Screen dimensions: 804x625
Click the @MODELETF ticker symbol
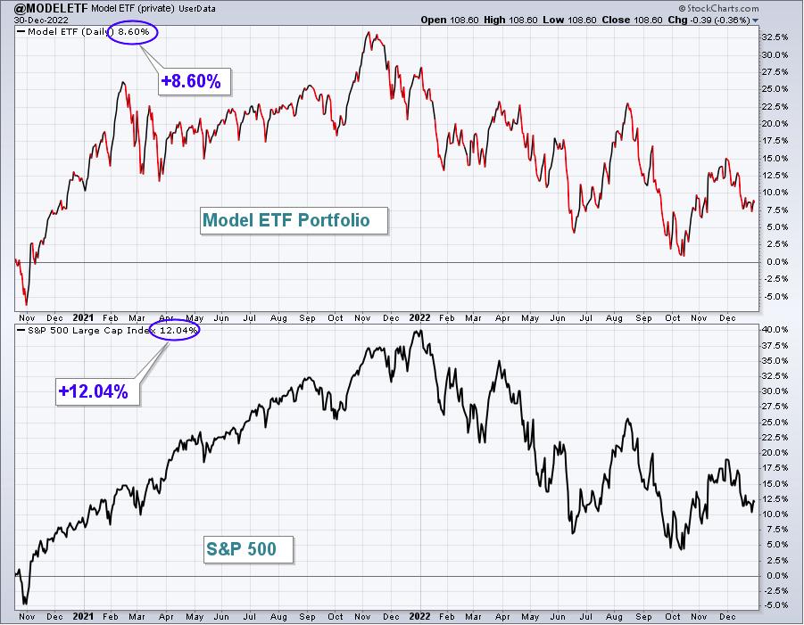click(x=51, y=8)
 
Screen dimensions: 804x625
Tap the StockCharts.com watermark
click(x=718, y=8)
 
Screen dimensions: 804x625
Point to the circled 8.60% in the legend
click(x=133, y=32)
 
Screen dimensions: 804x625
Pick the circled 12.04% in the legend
click(x=175, y=331)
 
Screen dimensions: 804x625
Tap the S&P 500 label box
click(x=248, y=550)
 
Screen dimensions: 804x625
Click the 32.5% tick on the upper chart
click(x=775, y=37)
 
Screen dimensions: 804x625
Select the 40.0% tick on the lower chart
click(x=775, y=329)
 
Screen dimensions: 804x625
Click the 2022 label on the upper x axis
click(x=419, y=317)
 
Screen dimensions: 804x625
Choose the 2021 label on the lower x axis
click(x=83, y=616)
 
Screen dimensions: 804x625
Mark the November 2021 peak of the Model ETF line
click(x=369, y=32)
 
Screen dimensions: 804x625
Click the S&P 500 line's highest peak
click(x=419, y=331)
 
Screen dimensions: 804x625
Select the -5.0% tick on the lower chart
click(x=775, y=605)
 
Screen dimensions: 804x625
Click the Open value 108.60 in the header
click(x=464, y=20)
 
